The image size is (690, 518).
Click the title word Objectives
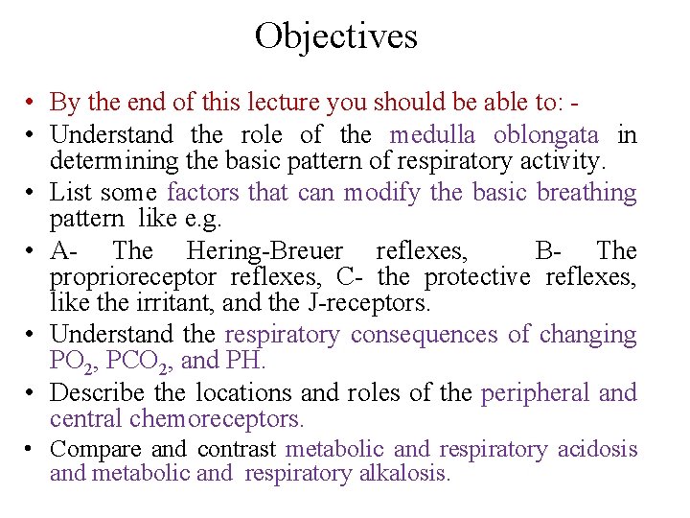335,36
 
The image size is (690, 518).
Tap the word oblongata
544,134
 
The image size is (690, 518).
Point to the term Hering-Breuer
264,251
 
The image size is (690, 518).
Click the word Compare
95,449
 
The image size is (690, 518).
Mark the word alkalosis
404,473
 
